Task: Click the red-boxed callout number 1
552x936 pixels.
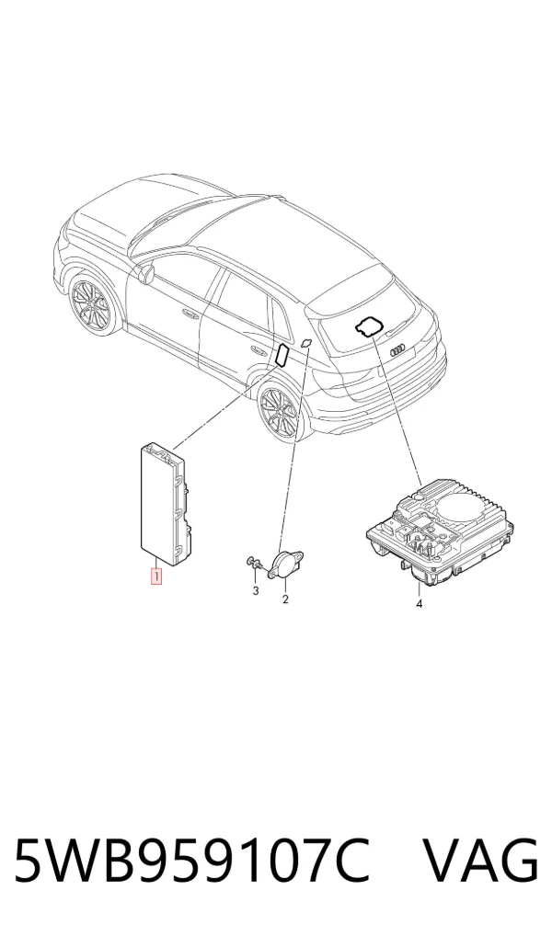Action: [x=155, y=576]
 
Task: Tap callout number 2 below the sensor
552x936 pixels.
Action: [x=285, y=599]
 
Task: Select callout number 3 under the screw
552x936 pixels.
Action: [x=256, y=591]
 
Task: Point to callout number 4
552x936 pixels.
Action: [x=419, y=604]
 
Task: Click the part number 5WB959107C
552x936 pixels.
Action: [x=191, y=861]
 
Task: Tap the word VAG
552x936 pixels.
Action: [x=481, y=861]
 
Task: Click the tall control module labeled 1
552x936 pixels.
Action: [x=166, y=504]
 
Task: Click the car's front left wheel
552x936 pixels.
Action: [x=87, y=304]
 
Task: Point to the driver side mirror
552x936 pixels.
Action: [x=145, y=273]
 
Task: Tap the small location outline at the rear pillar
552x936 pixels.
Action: [x=305, y=342]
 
